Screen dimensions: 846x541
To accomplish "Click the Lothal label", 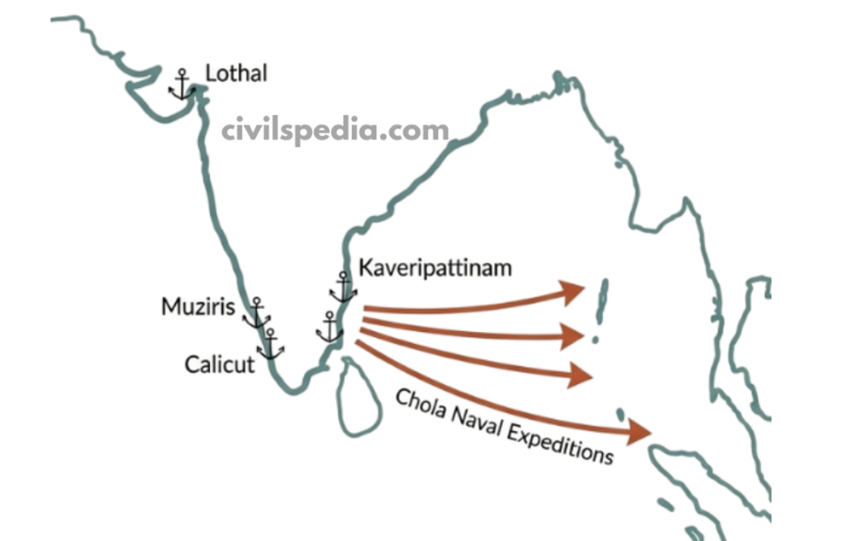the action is (236, 74).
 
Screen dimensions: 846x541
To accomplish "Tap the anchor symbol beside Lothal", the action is (180, 86).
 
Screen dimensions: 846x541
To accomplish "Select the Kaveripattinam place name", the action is (435, 268).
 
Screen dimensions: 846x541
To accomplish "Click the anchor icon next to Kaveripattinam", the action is (342, 287).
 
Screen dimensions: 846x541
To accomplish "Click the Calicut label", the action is (220, 363).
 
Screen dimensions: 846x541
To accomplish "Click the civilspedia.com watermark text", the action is (335, 130).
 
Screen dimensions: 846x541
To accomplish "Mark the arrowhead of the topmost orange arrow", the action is (573, 292).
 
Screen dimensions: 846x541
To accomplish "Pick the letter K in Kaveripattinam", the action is (364, 268).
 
